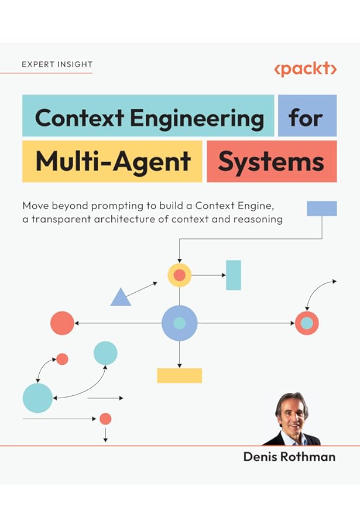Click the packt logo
click(x=305, y=69)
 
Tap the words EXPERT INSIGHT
click(x=57, y=64)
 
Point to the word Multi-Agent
click(x=113, y=161)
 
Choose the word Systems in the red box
click(x=271, y=161)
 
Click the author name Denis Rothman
click(x=289, y=457)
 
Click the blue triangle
click(x=121, y=298)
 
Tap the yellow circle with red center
click(x=180, y=275)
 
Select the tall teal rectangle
click(x=234, y=275)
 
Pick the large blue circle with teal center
click(x=180, y=323)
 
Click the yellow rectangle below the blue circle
click(x=179, y=375)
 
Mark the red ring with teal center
click(x=307, y=323)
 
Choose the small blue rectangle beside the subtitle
click(x=321, y=208)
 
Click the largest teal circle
click(x=37, y=398)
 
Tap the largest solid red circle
click(x=62, y=323)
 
